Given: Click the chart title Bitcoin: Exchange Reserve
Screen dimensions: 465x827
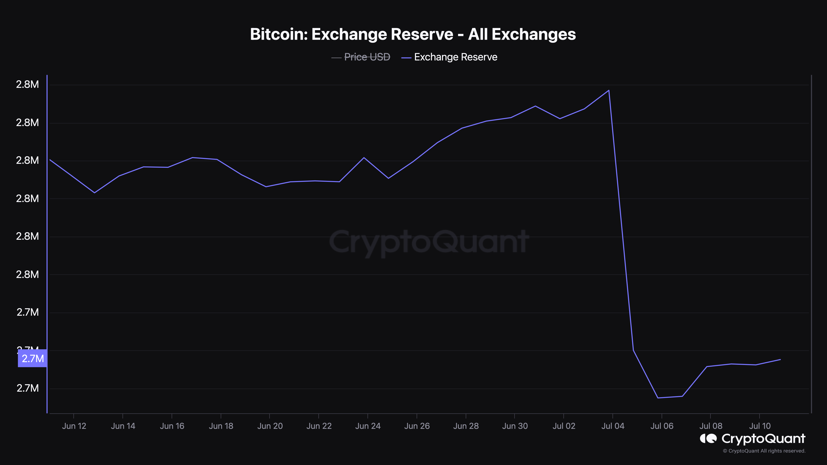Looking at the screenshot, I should (x=413, y=34).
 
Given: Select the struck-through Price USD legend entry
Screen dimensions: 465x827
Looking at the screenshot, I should (x=367, y=57).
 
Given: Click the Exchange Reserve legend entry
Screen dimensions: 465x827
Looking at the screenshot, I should (x=455, y=57).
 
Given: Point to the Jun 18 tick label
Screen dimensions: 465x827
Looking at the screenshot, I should (x=221, y=426).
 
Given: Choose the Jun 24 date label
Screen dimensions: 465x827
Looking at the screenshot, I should (x=368, y=426).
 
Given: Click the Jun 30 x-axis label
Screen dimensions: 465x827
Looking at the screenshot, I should (x=515, y=426).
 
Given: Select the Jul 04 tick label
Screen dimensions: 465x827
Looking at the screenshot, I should (x=613, y=426).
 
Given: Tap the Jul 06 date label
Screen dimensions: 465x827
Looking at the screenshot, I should (x=662, y=426).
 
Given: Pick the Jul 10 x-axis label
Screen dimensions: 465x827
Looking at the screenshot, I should (x=760, y=426).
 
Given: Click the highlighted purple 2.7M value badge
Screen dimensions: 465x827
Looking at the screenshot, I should (x=32, y=358).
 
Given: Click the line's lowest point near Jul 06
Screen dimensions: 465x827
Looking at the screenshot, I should (x=658, y=398).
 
